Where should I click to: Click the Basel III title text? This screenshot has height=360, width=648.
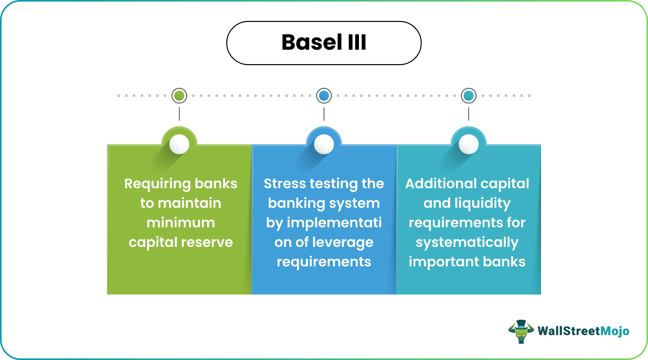click(x=324, y=42)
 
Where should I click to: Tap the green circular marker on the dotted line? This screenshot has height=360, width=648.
click(x=179, y=96)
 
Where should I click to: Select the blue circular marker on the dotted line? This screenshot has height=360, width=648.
click(x=324, y=96)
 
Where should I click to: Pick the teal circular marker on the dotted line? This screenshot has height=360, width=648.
click(x=469, y=96)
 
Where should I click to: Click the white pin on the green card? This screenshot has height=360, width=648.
click(x=179, y=144)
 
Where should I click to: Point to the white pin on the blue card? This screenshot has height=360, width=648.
click(x=324, y=144)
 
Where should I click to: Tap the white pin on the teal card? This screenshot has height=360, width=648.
click(x=469, y=144)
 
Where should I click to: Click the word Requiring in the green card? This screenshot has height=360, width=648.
click(x=157, y=184)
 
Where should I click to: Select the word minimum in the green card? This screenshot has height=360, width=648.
click(x=181, y=223)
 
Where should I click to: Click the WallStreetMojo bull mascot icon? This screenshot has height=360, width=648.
click(x=521, y=332)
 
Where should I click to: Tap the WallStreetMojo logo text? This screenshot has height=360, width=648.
click(x=583, y=331)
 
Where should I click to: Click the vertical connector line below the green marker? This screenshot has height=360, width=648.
click(x=179, y=114)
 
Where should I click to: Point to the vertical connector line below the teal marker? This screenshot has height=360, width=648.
click(x=469, y=114)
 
